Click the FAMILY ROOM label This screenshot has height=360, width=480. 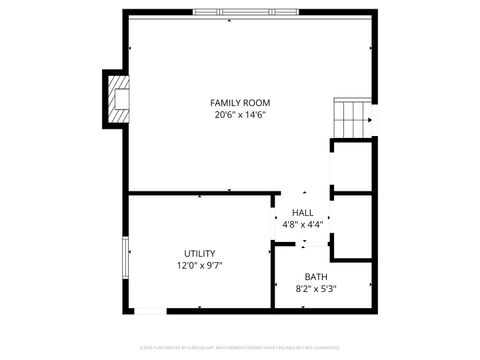pyautogui.click(x=240, y=103)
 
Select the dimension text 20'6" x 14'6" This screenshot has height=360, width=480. pyautogui.click(x=240, y=115)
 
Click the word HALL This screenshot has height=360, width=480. pyautogui.click(x=302, y=213)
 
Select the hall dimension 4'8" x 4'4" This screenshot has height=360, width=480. pyautogui.click(x=302, y=225)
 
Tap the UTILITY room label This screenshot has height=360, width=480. pyautogui.click(x=199, y=254)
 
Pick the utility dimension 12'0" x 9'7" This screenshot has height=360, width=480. pyautogui.click(x=199, y=266)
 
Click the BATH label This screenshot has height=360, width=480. pyautogui.click(x=316, y=277)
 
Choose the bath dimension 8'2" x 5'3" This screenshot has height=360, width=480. pyautogui.click(x=316, y=289)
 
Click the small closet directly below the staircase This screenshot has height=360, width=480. pyautogui.click(x=354, y=166)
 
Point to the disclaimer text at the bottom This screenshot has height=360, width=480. pyautogui.click(x=240, y=349)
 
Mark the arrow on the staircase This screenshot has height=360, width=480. pyautogui.click(x=367, y=121)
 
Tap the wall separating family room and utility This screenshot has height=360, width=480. pyautogui.click(x=200, y=193)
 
